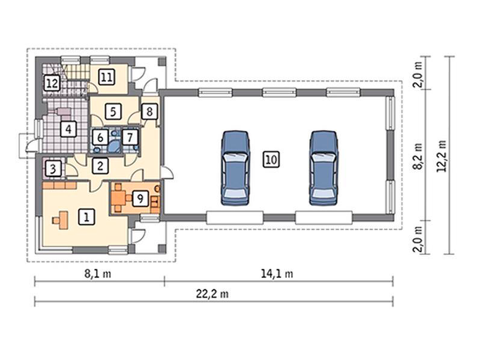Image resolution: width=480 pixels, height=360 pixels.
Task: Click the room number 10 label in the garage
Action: [x=271, y=160]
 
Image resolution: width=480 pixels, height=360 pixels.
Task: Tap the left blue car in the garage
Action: [x=235, y=168]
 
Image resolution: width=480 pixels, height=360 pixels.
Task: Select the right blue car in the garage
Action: [x=323, y=168]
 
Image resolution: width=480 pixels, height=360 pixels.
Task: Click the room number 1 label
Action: [x=86, y=217]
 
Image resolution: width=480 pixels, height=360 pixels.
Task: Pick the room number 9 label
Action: [x=140, y=199]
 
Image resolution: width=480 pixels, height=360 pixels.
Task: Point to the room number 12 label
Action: [x=52, y=83]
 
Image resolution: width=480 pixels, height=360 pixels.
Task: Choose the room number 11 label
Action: [x=107, y=77]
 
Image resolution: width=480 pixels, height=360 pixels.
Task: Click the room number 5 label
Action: [x=113, y=112]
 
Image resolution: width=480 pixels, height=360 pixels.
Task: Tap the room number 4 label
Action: [x=68, y=129]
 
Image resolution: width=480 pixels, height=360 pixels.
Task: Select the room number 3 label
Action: [x=53, y=169]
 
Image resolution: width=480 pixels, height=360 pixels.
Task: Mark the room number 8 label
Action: [x=149, y=111]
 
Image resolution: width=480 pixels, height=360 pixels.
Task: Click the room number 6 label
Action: [x=100, y=137]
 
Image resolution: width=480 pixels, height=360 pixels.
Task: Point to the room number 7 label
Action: [x=130, y=137]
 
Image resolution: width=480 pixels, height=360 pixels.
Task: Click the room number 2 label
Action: [x=100, y=166]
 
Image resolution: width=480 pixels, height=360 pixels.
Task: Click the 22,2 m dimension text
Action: [x=212, y=294]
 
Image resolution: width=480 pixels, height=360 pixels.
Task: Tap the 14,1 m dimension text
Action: [x=277, y=274]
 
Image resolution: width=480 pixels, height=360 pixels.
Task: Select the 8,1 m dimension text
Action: [x=98, y=274]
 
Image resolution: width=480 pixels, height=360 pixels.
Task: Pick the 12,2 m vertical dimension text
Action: [x=442, y=156]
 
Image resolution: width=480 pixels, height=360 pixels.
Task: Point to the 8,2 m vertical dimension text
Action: [x=418, y=156]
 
